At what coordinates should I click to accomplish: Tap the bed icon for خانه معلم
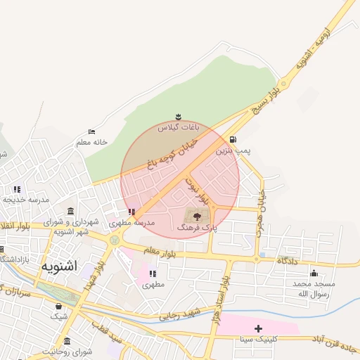pyautogui.click(x=91, y=132)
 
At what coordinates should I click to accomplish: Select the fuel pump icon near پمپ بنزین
pyautogui.click(x=233, y=139)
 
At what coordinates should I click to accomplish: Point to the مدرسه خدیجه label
pyautogui.click(x=26, y=200)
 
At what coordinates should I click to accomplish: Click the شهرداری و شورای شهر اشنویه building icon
pyautogui.click(x=70, y=212)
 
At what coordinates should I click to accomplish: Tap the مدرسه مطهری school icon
pyautogui.click(x=131, y=212)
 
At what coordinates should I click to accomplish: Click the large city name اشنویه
pyautogui.click(x=69, y=266)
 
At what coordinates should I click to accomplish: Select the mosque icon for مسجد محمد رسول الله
pyautogui.click(x=314, y=274)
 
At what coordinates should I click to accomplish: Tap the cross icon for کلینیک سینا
pyautogui.click(x=258, y=328)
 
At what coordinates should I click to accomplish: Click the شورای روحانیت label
pyautogui.click(x=67, y=351)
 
